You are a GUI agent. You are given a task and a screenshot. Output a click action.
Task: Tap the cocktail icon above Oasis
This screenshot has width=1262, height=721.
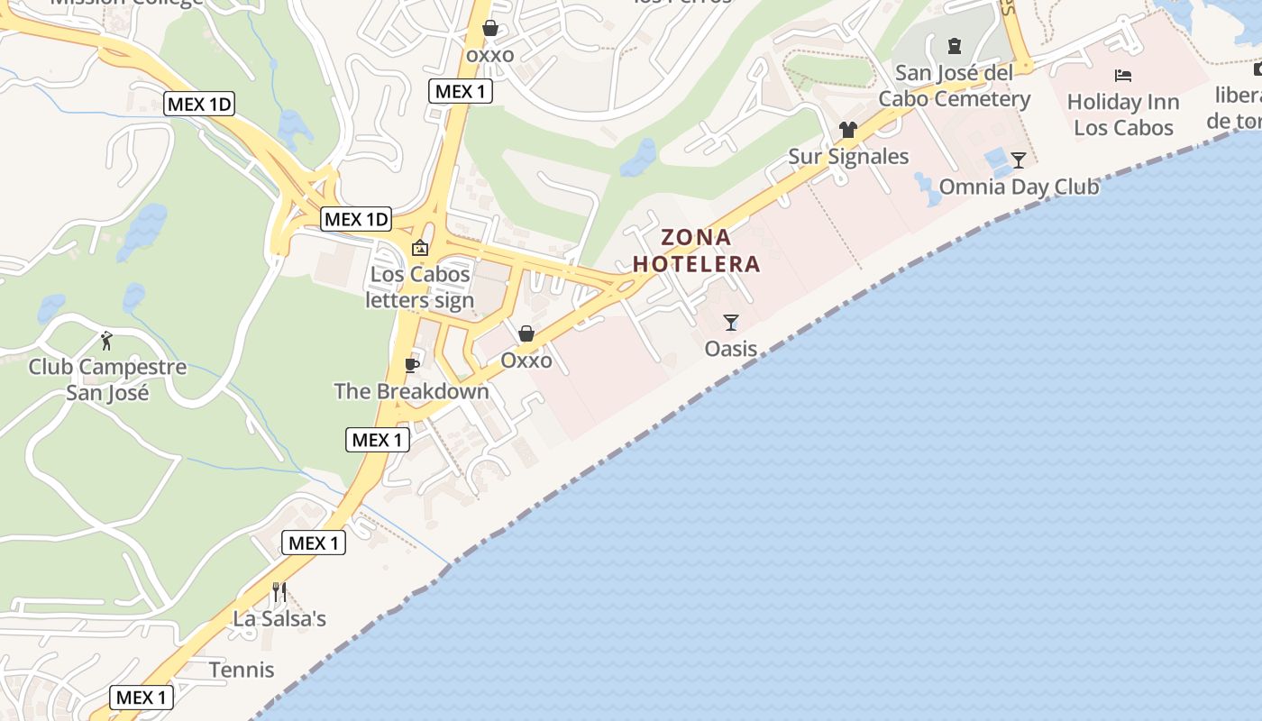(731, 322)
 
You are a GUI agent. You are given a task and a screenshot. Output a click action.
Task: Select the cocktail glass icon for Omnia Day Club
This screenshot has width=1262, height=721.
(1019, 160)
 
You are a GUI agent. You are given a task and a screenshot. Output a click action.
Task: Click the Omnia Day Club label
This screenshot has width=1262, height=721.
(1019, 187)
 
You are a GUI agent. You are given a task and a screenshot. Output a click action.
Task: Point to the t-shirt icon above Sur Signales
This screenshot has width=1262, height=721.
(847, 130)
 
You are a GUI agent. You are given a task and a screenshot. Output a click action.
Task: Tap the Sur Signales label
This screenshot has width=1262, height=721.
(848, 156)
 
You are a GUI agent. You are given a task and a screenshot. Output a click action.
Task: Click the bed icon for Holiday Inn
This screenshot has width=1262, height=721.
(1123, 76)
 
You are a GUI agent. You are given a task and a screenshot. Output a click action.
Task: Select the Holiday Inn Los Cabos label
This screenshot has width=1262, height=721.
(1123, 114)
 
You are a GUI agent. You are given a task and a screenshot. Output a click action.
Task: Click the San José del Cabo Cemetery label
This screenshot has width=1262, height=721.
(954, 86)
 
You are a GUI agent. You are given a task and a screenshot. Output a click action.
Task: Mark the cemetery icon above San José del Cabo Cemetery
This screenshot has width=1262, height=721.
(954, 45)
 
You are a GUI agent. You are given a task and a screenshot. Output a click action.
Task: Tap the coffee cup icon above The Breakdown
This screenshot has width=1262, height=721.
(412, 365)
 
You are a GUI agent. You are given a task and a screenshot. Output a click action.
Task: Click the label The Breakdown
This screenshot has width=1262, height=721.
(412, 391)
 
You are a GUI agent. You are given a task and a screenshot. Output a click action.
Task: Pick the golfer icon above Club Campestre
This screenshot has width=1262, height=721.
(107, 341)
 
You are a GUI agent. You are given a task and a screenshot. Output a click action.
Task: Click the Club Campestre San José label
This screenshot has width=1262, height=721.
(107, 379)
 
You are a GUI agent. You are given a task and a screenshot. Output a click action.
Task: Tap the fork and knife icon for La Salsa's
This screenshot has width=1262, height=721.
(279, 592)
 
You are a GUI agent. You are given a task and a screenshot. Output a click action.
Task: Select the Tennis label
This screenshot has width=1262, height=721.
(242, 670)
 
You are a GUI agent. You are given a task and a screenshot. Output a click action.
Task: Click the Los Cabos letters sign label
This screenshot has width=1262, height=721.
(420, 287)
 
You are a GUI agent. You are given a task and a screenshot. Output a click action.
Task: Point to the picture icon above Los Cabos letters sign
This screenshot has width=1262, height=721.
(420, 247)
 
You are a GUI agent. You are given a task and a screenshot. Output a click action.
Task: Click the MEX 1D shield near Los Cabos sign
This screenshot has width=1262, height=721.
(357, 219)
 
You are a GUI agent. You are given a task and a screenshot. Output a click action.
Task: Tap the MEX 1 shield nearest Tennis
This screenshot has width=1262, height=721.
(142, 697)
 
